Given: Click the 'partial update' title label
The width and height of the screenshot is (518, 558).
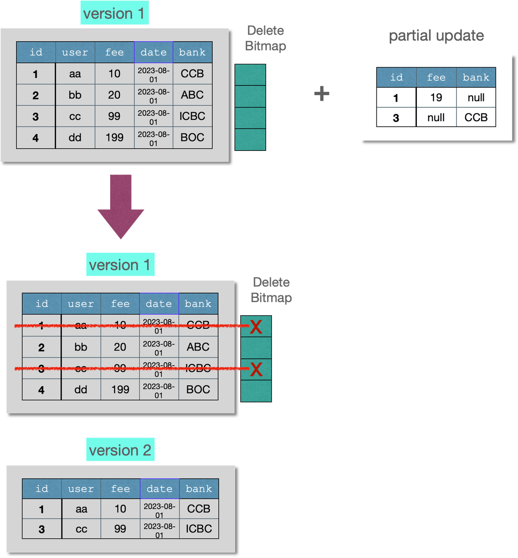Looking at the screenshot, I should point(436,35).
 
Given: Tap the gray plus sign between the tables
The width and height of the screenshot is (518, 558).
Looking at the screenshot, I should point(322,94).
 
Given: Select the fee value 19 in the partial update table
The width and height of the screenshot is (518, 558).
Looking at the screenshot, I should point(436,98).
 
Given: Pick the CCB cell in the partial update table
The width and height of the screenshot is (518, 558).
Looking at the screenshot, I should point(476,118).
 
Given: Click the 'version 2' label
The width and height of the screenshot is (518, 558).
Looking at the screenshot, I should point(120,450).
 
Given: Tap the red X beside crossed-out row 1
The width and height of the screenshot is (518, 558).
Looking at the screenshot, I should point(256,327).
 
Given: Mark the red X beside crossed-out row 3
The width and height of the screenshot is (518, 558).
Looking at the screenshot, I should point(256,369).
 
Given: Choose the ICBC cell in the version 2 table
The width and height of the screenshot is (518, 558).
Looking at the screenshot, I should point(199,529).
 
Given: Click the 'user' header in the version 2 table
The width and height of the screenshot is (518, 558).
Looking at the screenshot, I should point(81,489).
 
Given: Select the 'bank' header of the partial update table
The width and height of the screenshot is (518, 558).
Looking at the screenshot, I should point(476,78).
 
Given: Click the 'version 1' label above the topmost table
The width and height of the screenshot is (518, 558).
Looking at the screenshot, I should point(114,14).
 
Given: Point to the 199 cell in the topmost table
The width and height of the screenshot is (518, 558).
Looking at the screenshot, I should point(114,138).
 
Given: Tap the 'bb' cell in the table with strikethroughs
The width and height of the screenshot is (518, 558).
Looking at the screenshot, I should point(81,347).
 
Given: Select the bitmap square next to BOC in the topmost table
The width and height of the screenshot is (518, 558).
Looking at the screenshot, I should point(250,139).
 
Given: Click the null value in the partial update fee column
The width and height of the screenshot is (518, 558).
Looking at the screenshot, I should point(436,118).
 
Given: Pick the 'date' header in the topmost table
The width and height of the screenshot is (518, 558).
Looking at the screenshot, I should point(153,52).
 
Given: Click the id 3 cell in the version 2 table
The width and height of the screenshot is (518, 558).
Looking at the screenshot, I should point(41,529).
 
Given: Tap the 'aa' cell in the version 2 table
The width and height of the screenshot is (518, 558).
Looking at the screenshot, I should point(81,509).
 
